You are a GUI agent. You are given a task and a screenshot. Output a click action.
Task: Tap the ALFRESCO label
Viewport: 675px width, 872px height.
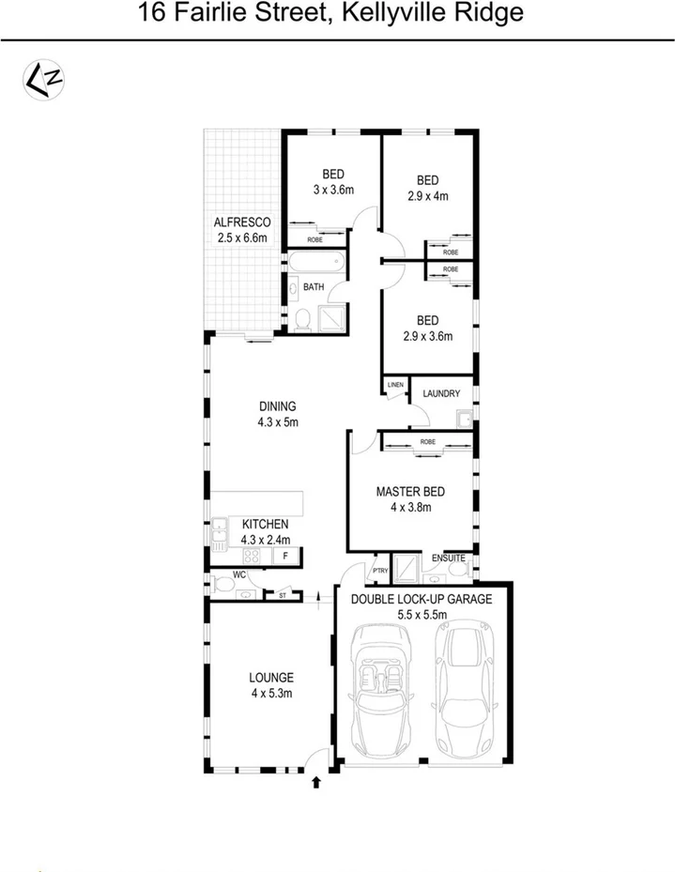[242, 222]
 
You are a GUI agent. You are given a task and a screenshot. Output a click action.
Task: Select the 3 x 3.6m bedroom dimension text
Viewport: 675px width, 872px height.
[333, 190]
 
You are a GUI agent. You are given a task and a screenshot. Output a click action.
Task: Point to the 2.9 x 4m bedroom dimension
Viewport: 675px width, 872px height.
[428, 196]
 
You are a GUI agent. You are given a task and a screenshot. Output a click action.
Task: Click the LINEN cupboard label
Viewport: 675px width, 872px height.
[394, 385]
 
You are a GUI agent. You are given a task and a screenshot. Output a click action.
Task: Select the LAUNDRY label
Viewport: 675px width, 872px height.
[441, 394]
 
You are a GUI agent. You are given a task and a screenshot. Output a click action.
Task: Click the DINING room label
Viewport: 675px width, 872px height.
[278, 406]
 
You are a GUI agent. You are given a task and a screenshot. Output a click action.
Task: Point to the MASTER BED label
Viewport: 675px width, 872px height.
[410, 491]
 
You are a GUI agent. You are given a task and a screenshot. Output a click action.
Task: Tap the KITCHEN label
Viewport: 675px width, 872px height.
[266, 524]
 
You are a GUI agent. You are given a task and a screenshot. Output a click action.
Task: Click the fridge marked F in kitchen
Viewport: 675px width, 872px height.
[285, 557]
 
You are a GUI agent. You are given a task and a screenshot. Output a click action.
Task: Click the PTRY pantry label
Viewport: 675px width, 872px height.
[380, 571]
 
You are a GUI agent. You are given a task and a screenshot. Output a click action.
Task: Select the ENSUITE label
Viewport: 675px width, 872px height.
[449, 559]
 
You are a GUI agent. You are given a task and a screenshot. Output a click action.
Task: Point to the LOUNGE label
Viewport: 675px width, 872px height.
[271, 677]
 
